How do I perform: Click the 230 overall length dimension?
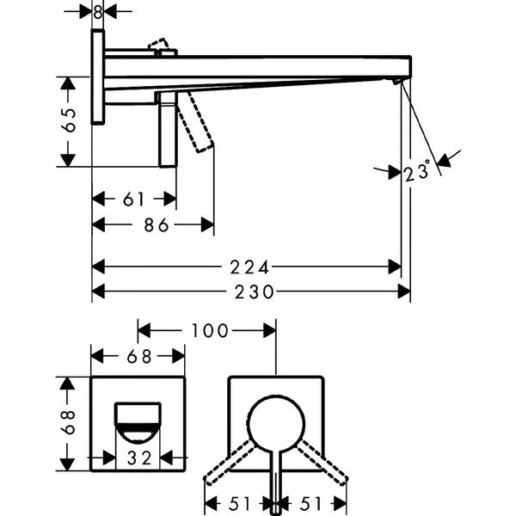(x=254, y=292)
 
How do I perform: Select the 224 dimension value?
(x=249, y=267)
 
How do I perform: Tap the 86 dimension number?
(x=157, y=225)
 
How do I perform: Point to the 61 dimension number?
(x=133, y=200)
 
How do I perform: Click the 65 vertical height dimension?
(x=69, y=120)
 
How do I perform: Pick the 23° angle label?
(x=417, y=171)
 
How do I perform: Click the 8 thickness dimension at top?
(x=97, y=12)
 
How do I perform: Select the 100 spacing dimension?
(x=210, y=331)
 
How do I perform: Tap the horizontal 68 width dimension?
(x=138, y=356)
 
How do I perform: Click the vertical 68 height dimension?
(x=68, y=422)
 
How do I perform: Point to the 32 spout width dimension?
(x=139, y=458)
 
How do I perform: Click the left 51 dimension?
(x=240, y=504)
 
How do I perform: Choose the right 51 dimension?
(x=310, y=504)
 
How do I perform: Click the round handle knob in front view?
(x=276, y=423)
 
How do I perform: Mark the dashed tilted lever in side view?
(x=196, y=122)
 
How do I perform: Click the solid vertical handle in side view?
(x=169, y=129)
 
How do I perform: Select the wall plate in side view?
(x=98, y=77)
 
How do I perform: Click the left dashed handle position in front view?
(x=230, y=463)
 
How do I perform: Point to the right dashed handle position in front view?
(x=322, y=463)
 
